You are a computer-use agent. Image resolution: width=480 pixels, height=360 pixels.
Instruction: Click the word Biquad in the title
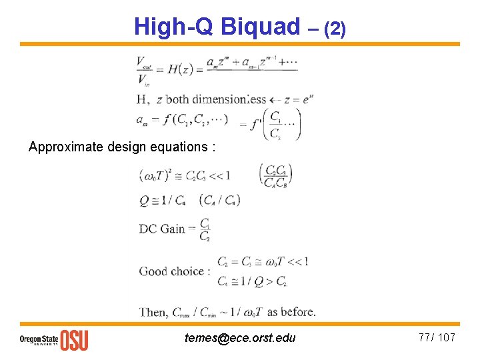click(261, 27)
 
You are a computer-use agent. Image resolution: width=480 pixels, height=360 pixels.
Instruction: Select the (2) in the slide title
click(334, 28)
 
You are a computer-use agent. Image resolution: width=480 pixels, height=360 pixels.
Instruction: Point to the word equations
click(179, 147)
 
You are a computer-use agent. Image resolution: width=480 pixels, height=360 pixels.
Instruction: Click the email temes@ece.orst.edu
click(240, 338)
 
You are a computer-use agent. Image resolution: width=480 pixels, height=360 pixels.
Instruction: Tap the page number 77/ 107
click(437, 337)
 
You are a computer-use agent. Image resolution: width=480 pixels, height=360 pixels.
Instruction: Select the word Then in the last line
click(153, 311)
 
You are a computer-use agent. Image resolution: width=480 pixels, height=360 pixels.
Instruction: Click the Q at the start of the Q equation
click(143, 199)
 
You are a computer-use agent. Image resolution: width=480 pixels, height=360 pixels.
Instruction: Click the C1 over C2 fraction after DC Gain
click(205, 229)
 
